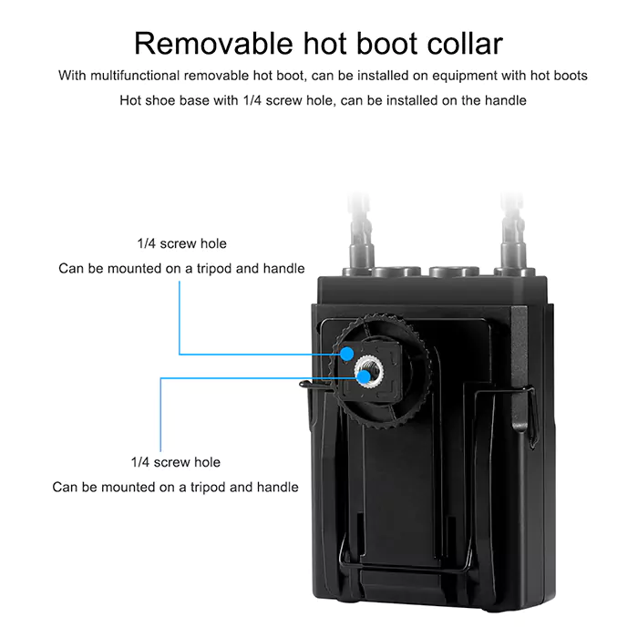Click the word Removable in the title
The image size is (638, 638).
click(x=213, y=43)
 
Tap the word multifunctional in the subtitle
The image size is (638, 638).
click(x=135, y=76)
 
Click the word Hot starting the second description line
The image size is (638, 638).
click(x=130, y=100)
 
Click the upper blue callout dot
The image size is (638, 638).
click(x=346, y=354)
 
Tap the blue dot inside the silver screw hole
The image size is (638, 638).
click(x=364, y=377)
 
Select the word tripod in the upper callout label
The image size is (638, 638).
click(x=214, y=269)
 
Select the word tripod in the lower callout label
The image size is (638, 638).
click(x=208, y=488)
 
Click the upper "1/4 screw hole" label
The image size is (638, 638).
click(x=182, y=243)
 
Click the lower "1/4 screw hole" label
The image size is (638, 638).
click(x=175, y=462)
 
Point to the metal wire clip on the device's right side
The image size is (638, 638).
click(x=531, y=416)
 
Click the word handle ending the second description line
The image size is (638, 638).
click(x=505, y=100)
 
